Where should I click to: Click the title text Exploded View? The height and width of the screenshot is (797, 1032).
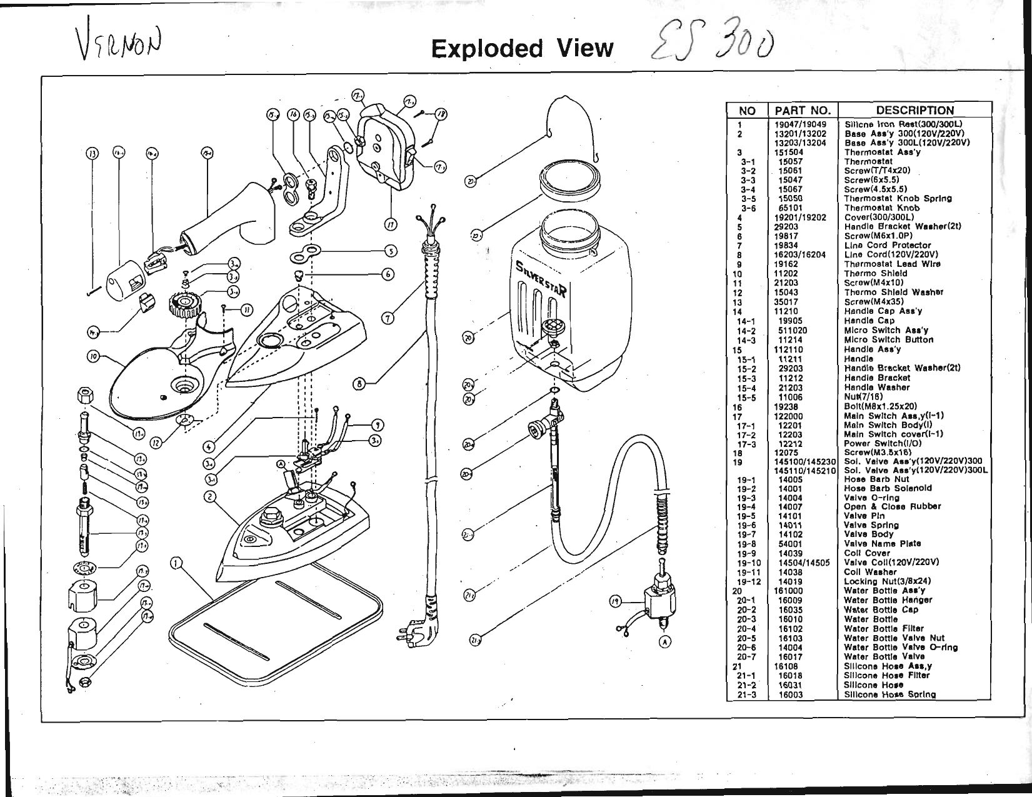point(523,48)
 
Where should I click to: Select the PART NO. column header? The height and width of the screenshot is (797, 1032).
point(803,111)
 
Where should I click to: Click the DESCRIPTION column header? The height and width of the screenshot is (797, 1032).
point(914,111)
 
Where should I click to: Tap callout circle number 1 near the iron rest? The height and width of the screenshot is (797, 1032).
point(177,564)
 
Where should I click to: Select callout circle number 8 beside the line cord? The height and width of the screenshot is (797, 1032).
point(359,384)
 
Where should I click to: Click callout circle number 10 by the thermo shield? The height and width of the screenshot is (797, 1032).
point(93,357)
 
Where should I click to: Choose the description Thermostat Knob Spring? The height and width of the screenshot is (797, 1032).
point(898,199)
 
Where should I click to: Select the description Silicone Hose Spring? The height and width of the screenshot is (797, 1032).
point(889,694)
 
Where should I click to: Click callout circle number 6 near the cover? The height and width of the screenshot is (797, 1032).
point(388,274)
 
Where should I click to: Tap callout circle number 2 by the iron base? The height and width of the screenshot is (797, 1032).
point(210,497)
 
